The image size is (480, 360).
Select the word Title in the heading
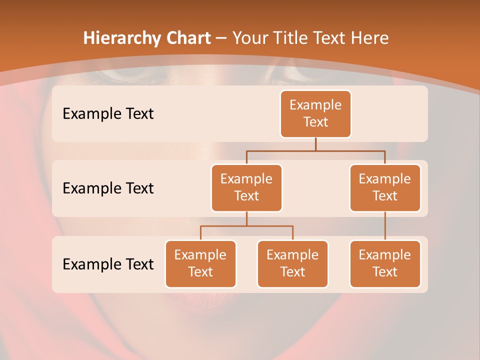[x=287, y=38]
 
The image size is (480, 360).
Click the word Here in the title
[x=369, y=38]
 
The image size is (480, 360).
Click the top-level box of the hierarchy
[x=315, y=114]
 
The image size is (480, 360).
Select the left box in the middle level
[x=246, y=187]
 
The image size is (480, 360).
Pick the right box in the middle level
[x=385, y=187]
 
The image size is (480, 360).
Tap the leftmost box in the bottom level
[x=200, y=263]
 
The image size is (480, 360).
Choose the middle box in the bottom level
[x=292, y=263]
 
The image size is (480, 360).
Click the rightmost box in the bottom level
[x=385, y=263]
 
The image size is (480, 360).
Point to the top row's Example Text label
[x=108, y=114]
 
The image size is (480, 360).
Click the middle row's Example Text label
[x=108, y=188]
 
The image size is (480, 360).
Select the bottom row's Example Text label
[x=108, y=264]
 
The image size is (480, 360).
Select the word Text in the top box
[x=315, y=122]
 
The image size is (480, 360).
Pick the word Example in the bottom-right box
[x=385, y=255]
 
